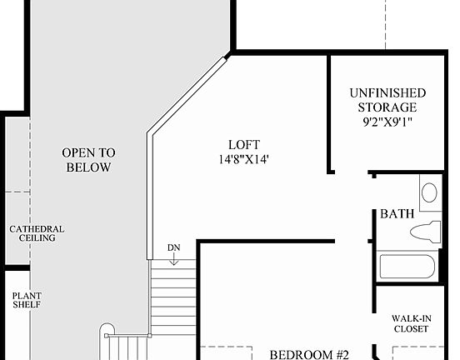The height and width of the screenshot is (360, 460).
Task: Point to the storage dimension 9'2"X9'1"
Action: pos(387,122)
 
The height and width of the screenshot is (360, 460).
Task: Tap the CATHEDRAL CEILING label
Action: pos(37,233)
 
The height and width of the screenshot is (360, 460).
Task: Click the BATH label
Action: pos(397,214)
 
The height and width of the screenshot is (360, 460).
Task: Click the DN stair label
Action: pos(173,247)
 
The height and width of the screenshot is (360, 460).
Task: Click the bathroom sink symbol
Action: pos(429,192)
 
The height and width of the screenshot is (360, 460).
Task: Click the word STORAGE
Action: pos(387,107)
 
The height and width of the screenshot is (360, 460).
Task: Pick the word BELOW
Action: pos(87,167)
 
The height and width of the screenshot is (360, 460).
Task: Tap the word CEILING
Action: pos(37,238)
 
